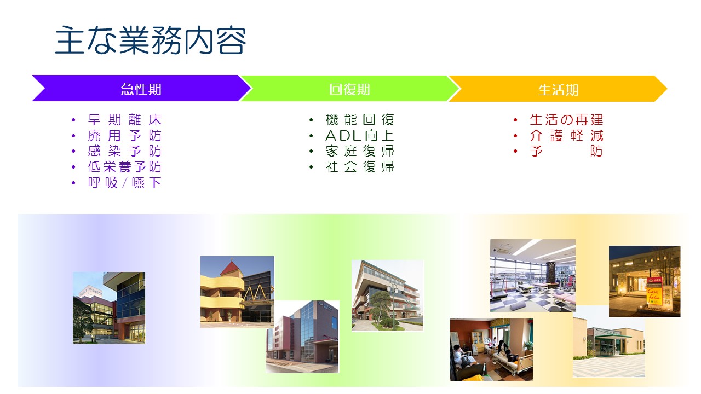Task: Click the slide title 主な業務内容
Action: [x=151, y=40]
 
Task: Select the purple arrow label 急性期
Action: [x=141, y=89]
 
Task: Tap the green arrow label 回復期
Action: [x=349, y=89]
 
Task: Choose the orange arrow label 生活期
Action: [x=558, y=90]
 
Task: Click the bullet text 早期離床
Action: [x=125, y=120]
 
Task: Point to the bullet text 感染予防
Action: [x=125, y=151]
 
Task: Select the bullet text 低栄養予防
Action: [x=125, y=167]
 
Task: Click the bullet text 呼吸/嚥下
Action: [x=125, y=183]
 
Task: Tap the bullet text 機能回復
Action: [x=360, y=120]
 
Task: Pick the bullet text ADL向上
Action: [x=360, y=136]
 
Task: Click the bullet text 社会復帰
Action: [x=360, y=167]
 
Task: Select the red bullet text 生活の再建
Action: [x=566, y=120]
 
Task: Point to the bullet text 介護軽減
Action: [x=566, y=136]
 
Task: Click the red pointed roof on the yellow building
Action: [x=232, y=268]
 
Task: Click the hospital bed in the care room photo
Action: [x=512, y=363]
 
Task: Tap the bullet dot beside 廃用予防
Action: [x=73, y=136]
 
